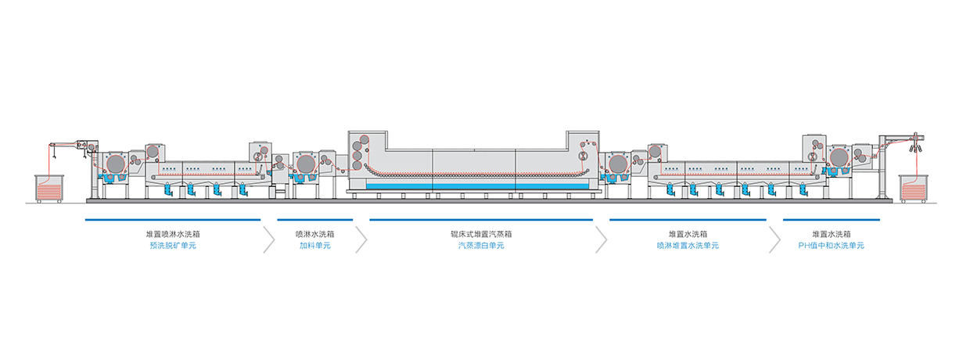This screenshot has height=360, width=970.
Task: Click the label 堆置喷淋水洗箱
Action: click(173, 234)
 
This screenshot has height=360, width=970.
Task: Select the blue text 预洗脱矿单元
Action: click(173, 246)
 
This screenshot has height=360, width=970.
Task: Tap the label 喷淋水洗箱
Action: click(315, 234)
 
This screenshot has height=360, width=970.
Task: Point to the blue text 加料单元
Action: click(315, 246)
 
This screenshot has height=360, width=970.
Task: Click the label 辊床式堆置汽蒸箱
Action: click(481, 234)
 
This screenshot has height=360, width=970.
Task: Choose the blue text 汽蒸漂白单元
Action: click(481, 246)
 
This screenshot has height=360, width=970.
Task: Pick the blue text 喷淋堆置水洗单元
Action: click(688, 246)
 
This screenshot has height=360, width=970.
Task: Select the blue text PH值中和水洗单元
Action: click(831, 246)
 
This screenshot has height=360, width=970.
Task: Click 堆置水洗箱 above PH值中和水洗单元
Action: click(831, 234)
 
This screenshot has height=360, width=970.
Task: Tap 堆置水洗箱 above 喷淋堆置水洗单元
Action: click(688, 234)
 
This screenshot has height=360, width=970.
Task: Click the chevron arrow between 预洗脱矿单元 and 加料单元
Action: click(269, 239)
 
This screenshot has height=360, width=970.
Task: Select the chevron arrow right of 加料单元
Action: click(361, 239)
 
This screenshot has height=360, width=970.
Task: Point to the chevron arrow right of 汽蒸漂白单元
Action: click(602, 239)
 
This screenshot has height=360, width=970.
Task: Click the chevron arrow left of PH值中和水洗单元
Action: click(774, 239)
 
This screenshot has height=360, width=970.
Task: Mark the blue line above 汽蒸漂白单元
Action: click(481, 220)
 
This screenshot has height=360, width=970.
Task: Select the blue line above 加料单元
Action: click(315, 220)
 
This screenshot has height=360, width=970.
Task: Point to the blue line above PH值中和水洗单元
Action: click(831, 220)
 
